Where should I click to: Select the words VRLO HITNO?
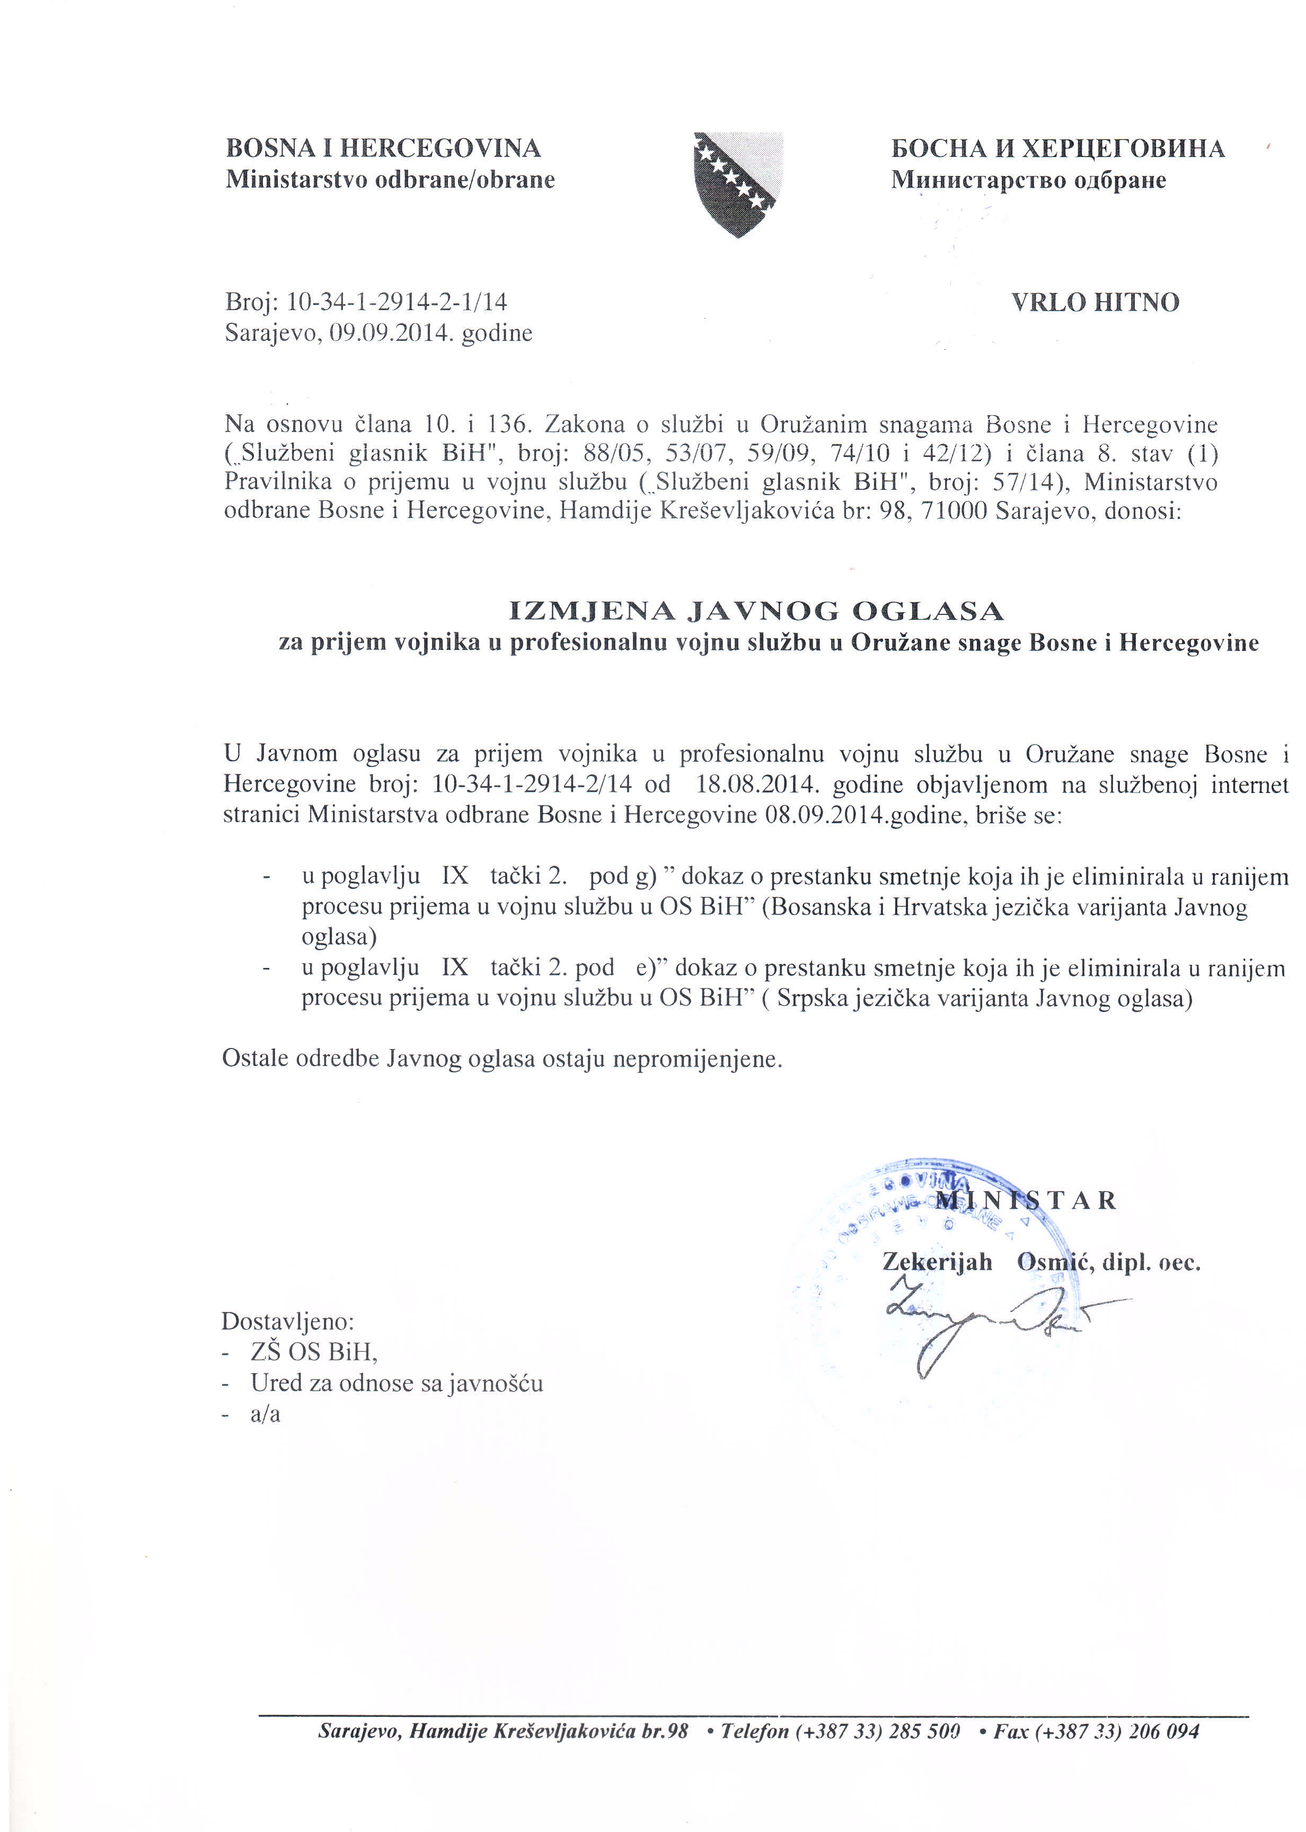[1095, 302]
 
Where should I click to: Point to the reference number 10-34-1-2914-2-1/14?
[398, 302]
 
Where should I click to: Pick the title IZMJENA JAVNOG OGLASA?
[757, 612]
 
